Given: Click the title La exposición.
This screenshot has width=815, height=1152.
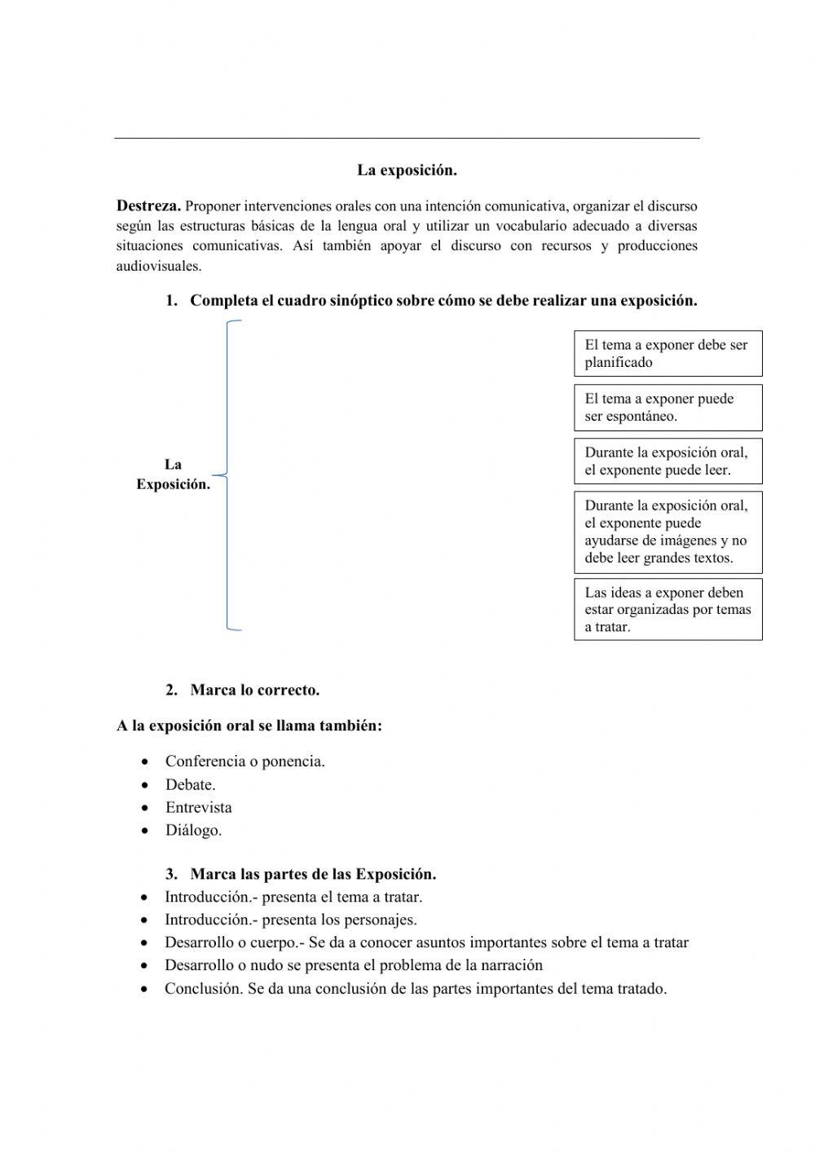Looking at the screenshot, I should click(x=407, y=170).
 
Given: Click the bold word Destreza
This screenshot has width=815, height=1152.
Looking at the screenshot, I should click(x=148, y=206).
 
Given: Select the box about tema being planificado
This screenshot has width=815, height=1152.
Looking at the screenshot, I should click(x=667, y=353).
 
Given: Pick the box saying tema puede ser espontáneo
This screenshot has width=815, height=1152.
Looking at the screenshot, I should click(x=667, y=407).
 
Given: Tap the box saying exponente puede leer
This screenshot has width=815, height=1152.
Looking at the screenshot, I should click(x=667, y=461).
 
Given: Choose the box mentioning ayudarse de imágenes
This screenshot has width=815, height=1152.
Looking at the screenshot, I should click(x=667, y=532).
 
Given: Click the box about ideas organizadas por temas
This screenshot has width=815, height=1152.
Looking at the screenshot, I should click(x=667, y=609).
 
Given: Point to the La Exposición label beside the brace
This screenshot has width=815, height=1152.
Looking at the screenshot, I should click(x=173, y=474).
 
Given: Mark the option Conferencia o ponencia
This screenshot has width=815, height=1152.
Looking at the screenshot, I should click(x=244, y=761).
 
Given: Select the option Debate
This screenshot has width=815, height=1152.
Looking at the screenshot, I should click(x=190, y=784).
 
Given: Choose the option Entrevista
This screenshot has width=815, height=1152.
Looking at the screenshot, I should click(x=198, y=807).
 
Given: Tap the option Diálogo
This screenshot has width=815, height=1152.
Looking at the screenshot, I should click(x=193, y=830).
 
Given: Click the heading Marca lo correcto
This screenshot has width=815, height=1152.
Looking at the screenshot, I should click(x=254, y=690).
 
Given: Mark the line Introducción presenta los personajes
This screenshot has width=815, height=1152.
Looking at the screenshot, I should click(x=290, y=920).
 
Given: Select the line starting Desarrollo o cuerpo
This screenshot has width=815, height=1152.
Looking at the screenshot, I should click(x=425, y=942).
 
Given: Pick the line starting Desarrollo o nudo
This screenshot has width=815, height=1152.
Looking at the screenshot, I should click(x=353, y=965).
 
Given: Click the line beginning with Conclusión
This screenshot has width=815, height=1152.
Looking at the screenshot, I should click(x=415, y=989).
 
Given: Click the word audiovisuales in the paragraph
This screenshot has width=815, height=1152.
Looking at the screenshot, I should click(x=158, y=266).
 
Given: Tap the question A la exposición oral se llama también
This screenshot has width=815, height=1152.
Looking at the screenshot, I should click(x=249, y=726).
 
